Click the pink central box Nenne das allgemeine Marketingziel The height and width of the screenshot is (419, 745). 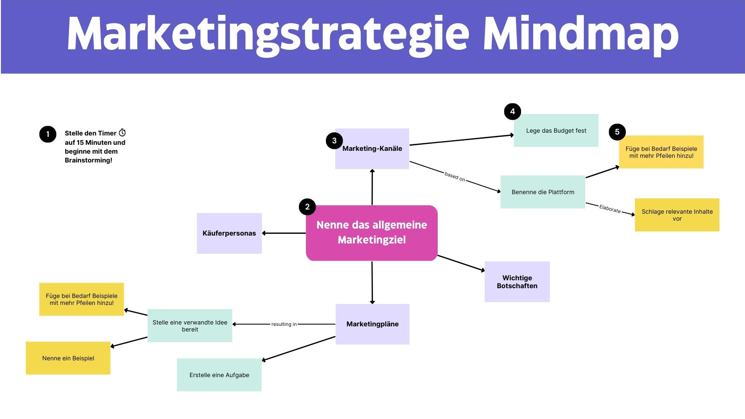tap(372, 233)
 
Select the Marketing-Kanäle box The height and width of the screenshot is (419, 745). tap(372, 149)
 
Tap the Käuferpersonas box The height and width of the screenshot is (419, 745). tap(229, 233)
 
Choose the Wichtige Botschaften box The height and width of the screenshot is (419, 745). tap(517, 282)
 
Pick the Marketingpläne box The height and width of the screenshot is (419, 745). tap(372, 324)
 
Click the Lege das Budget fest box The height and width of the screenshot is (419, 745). tap(556, 130)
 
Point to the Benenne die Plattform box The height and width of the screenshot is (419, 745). tap(543, 192)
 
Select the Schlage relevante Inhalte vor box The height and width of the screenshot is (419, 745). tap(677, 215)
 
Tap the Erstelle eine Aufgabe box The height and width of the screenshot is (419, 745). tap(219, 375)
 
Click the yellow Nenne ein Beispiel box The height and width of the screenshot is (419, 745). tap(68, 358)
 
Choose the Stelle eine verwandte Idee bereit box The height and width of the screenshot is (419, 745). tap(190, 325)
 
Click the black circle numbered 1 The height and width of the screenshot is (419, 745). tap(48, 134)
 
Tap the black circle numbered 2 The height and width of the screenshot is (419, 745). tap(307, 207)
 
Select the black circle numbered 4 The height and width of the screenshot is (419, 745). tap(513, 111)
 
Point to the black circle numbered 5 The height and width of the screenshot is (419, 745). tap(617, 132)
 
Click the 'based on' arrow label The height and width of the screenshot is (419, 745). tap(455, 176)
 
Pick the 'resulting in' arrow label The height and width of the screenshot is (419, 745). tap(284, 324)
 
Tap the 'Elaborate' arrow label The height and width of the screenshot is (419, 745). tap(610, 209)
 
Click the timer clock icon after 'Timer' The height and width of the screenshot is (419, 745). tap(122, 133)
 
